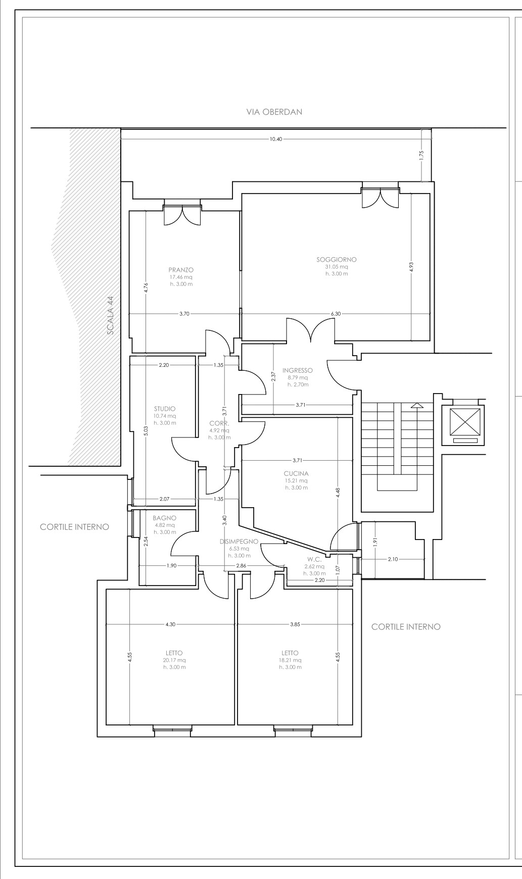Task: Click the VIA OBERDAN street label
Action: pyautogui.click(x=274, y=112)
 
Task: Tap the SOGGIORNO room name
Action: pyautogui.click(x=337, y=260)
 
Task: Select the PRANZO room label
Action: pyautogui.click(x=181, y=270)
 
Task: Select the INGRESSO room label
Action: pyautogui.click(x=298, y=370)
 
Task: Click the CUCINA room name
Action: pyautogui.click(x=296, y=474)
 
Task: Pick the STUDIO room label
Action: pyautogui.click(x=165, y=409)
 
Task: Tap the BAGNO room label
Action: pyautogui.click(x=165, y=518)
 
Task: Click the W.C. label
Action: pyautogui.click(x=314, y=560)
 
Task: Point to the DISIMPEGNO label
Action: pyautogui.click(x=239, y=542)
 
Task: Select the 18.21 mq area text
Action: pyautogui.click(x=291, y=660)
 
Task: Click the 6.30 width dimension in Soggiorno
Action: pyautogui.click(x=336, y=314)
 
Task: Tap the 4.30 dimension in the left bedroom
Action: pyautogui.click(x=170, y=624)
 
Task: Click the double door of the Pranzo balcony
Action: pyautogui.click(x=182, y=215)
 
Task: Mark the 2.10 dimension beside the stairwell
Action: pyautogui.click(x=394, y=559)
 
